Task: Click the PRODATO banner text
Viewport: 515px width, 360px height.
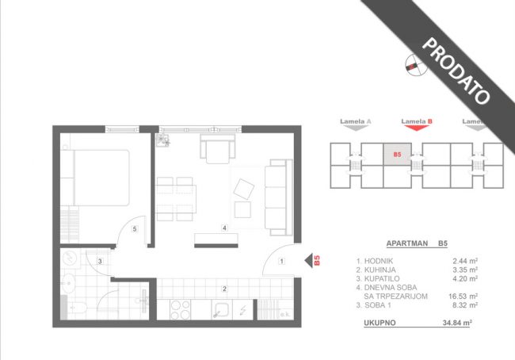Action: (x=456, y=71)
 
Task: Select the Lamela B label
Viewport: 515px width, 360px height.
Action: (x=417, y=121)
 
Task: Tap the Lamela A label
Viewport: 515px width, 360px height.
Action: (x=356, y=121)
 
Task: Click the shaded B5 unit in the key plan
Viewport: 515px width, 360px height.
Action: (x=397, y=154)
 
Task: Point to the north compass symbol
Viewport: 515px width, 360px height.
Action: (x=416, y=65)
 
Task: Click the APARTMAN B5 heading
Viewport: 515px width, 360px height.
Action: (x=417, y=243)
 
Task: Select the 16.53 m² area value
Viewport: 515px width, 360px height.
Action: (x=463, y=297)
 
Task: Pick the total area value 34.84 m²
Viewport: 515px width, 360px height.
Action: (x=457, y=323)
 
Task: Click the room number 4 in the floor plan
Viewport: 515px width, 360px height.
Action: (x=224, y=228)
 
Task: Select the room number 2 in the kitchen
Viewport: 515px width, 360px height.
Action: (x=224, y=289)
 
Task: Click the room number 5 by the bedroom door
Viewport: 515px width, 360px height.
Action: (x=135, y=229)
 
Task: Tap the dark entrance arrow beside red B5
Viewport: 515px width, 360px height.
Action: (x=308, y=261)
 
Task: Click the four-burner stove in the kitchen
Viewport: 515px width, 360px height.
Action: (x=180, y=310)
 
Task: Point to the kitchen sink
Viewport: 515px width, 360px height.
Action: (x=222, y=310)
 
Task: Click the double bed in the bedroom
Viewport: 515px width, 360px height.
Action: (x=101, y=178)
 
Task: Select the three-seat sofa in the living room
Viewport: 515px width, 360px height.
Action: (x=279, y=197)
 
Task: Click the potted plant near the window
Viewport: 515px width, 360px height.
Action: (x=163, y=140)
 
